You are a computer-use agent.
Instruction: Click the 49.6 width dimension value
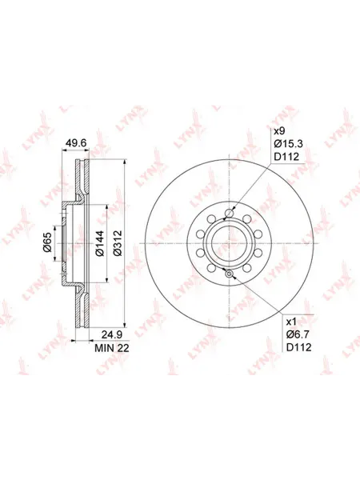click(x=77, y=142)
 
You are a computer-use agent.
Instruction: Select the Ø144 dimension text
click(x=100, y=243)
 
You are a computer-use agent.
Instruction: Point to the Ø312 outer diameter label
click(x=118, y=243)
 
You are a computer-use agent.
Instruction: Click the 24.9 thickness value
click(x=112, y=334)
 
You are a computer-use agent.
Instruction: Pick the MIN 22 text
click(x=112, y=348)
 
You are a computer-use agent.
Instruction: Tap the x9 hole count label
click(x=279, y=131)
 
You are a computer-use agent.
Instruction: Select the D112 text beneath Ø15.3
click(x=286, y=157)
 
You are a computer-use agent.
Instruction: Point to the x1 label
click(x=291, y=322)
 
